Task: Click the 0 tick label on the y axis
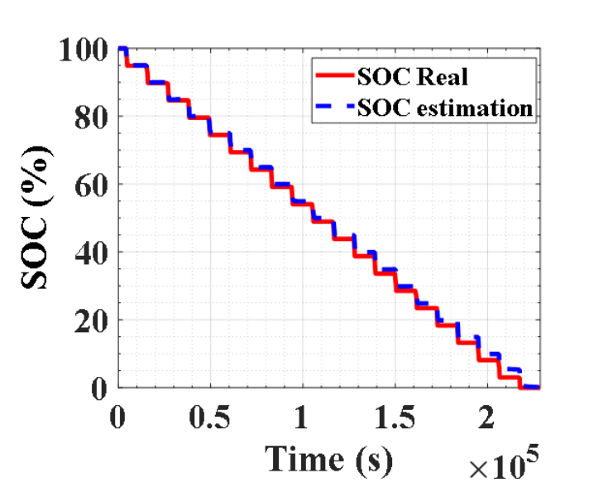click(99, 388)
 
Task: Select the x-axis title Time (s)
click(328, 458)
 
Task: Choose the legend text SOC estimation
click(444, 107)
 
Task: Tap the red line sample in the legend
click(333, 77)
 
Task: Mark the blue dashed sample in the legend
click(333, 107)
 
